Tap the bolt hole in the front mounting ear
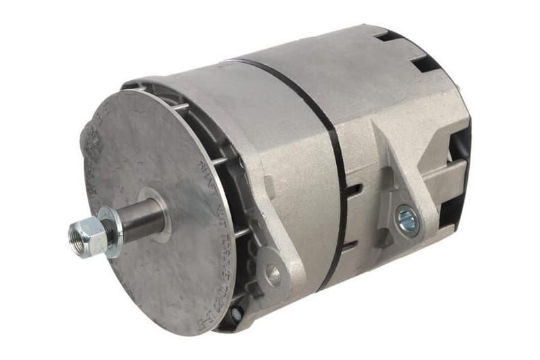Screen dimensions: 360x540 tap(273, 273)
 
